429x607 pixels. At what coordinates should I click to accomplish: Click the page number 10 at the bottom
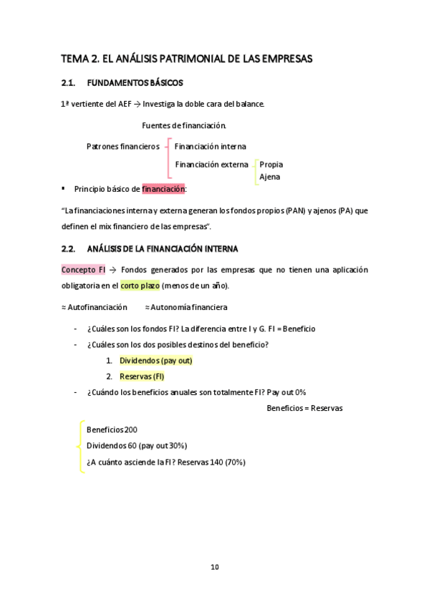coord(214,567)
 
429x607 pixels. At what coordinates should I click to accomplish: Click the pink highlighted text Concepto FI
coord(83,270)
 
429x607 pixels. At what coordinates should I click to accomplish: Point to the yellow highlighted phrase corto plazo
coord(140,285)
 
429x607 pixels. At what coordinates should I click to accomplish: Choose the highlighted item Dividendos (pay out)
coord(156,361)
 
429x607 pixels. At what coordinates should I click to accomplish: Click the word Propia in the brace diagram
coord(271,165)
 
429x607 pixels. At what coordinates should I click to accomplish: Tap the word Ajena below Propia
coord(269,177)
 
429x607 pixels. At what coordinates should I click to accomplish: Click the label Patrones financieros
coord(122,146)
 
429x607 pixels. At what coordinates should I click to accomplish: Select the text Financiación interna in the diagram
coord(211,146)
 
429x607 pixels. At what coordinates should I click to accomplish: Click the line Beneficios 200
coord(112,429)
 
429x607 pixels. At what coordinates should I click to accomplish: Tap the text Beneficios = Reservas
coord(304,408)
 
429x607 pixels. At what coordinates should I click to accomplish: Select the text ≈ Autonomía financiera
coord(186,307)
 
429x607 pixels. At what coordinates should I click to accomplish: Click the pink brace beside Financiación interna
coord(168,157)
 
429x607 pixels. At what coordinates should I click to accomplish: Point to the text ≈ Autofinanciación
coord(94,307)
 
